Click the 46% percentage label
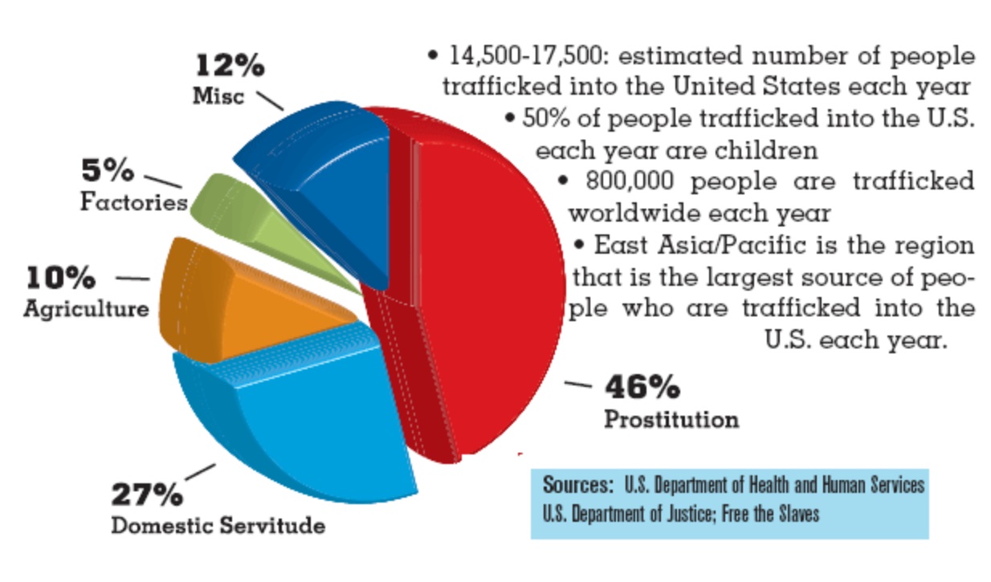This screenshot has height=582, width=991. tap(642, 388)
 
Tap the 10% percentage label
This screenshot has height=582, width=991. tap(61, 279)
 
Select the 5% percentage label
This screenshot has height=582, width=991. tap(107, 171)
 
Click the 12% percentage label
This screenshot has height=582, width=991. tap(229, 67)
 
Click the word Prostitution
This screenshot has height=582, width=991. tap(671, 419)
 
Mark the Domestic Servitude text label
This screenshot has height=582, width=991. tap(218, 526)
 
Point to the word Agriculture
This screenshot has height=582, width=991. tap(86, 309)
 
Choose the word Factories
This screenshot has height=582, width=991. tap(133, 201)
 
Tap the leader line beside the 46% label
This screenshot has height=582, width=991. tap(578, 385)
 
